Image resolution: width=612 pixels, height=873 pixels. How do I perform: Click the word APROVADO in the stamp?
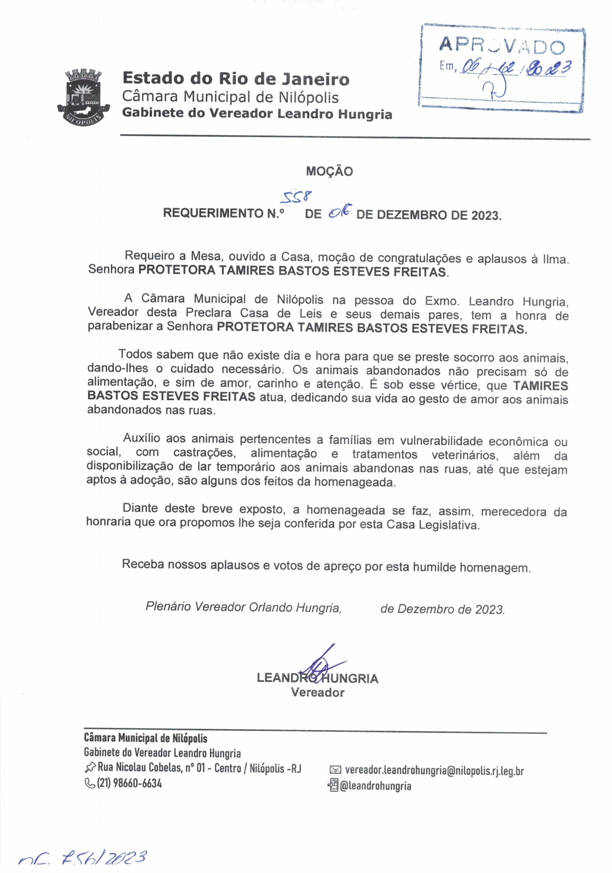(x=502, y=46)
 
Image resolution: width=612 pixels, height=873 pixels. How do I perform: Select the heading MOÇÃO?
(x=330, y=171)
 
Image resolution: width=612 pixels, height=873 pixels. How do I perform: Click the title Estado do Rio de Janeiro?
(x=235, y=79)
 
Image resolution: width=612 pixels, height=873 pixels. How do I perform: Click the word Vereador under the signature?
(x=318, y=692)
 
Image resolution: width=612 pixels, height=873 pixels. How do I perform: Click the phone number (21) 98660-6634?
(x=130, y=783)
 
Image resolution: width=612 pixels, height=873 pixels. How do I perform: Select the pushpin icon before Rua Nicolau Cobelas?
(x=90, y=768)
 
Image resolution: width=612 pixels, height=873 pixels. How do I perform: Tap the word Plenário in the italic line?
(x=168, y=606)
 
